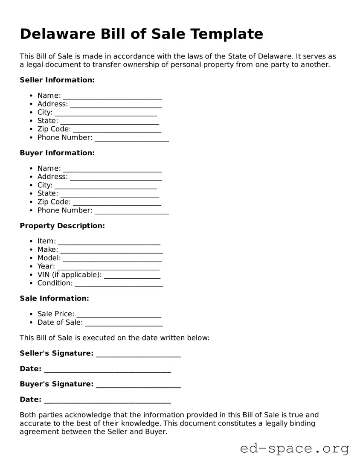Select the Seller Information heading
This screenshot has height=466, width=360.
(57, 80)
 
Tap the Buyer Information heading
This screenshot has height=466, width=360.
(57, 153)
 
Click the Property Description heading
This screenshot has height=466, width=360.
(62, 226)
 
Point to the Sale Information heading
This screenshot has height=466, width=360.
(54, 298)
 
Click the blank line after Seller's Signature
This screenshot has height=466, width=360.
(138, 355)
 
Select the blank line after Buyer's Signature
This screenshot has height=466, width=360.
(138, 385)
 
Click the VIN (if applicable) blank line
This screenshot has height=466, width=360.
(132, 276)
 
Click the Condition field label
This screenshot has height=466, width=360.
(55, 283)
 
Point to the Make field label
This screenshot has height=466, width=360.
(48, 250)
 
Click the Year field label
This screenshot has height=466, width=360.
(46, 266)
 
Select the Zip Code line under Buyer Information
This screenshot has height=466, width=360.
(117, 203)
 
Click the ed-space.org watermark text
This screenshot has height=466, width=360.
(294, 449)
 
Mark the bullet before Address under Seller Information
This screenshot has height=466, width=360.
(32, 104)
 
